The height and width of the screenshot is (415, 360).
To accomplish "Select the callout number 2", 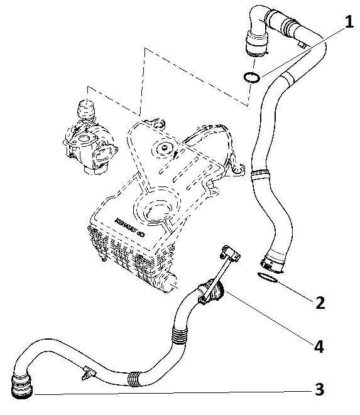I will pos(320,303).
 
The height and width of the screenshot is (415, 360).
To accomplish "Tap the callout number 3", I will pos(320,390).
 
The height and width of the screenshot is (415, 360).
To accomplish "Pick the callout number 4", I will pos(320,345).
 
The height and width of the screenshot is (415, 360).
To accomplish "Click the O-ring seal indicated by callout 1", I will pos(251,78).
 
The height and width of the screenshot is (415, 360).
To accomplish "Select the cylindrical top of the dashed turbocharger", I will pos(85,107).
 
